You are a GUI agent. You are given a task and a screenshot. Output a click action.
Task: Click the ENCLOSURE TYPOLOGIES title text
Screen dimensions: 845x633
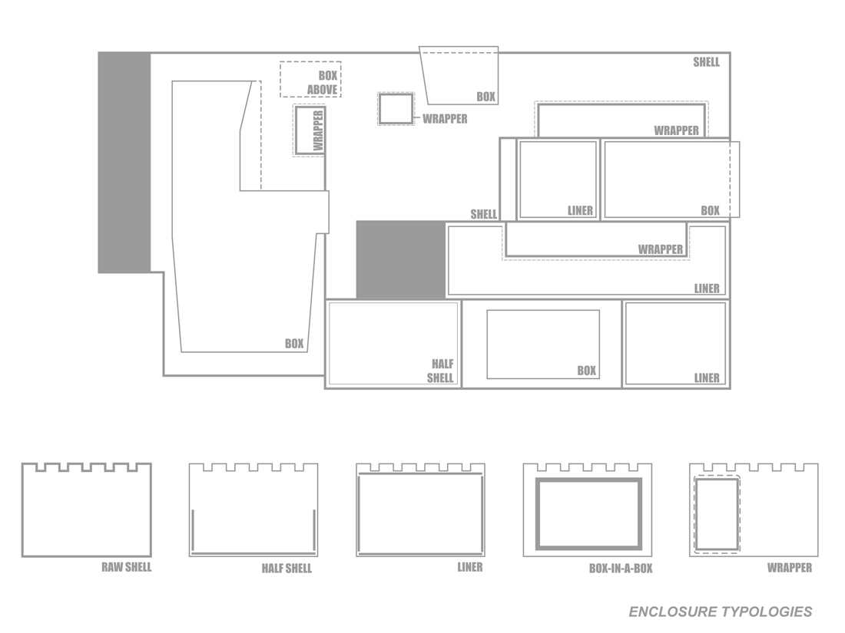point(720,612)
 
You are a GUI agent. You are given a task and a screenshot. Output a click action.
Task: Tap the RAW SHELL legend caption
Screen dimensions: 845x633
point(127,567)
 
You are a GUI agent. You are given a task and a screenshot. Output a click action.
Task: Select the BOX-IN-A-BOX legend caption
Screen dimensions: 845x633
point(621,569)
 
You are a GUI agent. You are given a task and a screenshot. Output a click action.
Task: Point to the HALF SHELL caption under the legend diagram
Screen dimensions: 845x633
point(287,569)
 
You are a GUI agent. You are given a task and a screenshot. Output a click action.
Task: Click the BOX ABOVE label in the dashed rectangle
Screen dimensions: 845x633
point(323,83)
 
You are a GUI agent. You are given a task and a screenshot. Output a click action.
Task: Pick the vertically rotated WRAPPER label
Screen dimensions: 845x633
point(318,130)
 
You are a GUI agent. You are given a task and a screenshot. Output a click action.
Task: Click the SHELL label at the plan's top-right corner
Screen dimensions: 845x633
point(707,62)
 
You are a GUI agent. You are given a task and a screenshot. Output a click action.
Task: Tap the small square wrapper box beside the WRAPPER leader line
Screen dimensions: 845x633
point(396,109)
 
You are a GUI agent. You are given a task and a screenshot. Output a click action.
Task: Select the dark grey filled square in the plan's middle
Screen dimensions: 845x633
point(401,259)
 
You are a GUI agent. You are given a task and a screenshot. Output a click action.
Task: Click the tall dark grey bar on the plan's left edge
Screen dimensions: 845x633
point(124,163)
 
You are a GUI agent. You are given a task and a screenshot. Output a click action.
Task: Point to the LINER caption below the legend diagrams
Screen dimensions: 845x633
point(470,567)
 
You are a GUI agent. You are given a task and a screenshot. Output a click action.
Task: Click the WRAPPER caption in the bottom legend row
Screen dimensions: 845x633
point(790,568)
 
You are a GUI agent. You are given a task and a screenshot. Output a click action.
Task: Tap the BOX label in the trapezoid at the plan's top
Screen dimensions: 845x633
point(486,97)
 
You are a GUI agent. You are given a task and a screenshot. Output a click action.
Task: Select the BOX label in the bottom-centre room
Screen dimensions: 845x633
point(587,371)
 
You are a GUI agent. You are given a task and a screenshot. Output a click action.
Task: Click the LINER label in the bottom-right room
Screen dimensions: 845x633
point(707,378)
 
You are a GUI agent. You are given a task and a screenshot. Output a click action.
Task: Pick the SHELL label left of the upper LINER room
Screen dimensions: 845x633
point(484,214)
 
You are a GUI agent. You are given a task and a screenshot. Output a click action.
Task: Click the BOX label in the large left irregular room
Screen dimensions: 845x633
point(294,344)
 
